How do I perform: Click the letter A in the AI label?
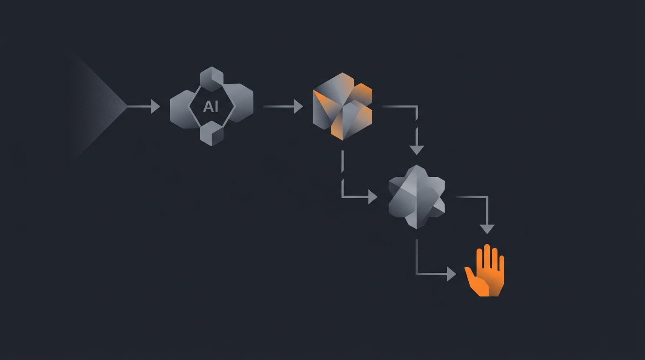pyautogui.click(x=208, y=106)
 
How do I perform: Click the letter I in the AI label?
pyautogui.click(x=216, y=106)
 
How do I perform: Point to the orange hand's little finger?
pyautogui.click(x=501, y=265)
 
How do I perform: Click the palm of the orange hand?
pyautogui.click(x=489, y=282)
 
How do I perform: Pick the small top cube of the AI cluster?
pyautogui.click(x=212, y=79)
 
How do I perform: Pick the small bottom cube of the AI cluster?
pyautogui.click(x=212, y=133)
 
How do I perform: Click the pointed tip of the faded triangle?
pyautogui.click(x=127, y=106)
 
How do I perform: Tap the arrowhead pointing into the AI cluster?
pyautogui.click(x=156, y=106)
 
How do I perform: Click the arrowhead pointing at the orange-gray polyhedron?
pyautogui.click(x=298, y=106)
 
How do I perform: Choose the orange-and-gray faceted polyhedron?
pyautogui.click(x=342, y=106)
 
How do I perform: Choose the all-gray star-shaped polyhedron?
pyautogui.click(x=417, y=197)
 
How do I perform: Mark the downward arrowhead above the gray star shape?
pyautogui.click(x=417, y=150)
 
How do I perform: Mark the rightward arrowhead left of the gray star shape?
pyautogui.click(x=373, y=197)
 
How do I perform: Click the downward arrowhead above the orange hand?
pyautogui.click(x=487, y=229)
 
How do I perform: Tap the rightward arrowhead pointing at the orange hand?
pyautogui.click(x=451, y=274)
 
